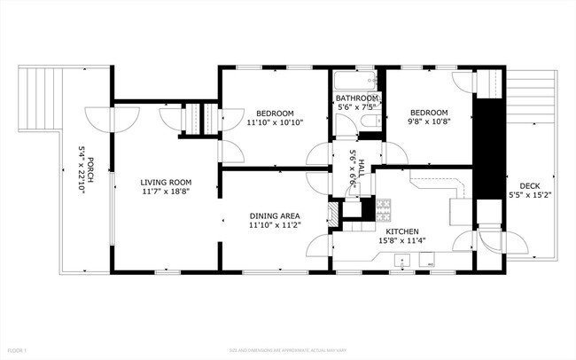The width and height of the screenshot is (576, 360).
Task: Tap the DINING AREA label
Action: (274, 215)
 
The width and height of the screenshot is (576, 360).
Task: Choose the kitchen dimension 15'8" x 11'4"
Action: (401, 240)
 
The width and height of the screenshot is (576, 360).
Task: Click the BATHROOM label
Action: (358, 98)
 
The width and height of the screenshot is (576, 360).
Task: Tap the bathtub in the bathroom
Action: (357, 80)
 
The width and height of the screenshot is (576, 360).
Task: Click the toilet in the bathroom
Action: (375, 120)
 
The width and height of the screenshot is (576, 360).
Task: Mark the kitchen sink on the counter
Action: (401, 262)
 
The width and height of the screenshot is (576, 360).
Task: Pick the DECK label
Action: (530, 185)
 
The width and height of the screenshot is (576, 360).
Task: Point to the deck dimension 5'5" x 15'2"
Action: (530, 195)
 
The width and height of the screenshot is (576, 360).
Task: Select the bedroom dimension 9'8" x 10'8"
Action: (428, 122)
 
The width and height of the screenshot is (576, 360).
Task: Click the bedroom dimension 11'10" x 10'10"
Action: (275, 122)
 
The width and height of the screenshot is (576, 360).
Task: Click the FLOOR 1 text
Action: (17, 350)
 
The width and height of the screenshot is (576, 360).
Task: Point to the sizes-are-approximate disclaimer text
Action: (287, 350)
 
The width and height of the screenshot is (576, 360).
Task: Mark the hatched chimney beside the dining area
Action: (333, 214)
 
